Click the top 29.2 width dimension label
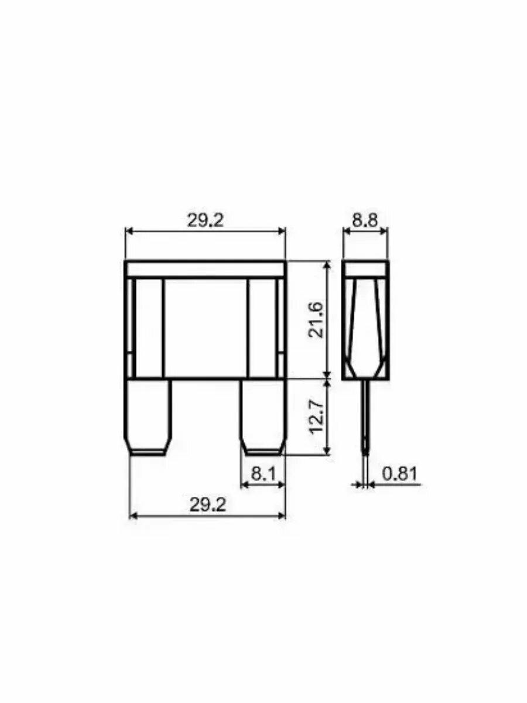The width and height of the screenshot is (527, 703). [205, 221]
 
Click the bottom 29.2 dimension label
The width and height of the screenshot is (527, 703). [208, 505]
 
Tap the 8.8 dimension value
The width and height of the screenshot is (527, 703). [365, 221]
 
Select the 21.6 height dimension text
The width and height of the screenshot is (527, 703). [316, 319]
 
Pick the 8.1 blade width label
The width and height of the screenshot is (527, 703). [263, 474]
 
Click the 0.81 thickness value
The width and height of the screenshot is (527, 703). [400, 474]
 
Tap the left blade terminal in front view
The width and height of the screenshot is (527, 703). [147, 417]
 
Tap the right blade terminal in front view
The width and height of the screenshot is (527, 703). [263, 417]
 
